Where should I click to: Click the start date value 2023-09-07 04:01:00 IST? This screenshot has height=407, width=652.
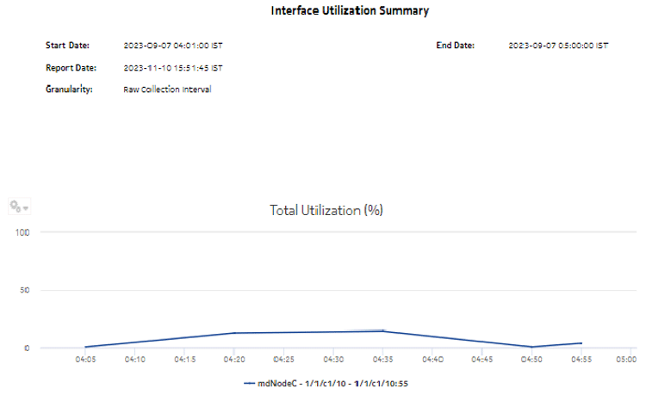179,45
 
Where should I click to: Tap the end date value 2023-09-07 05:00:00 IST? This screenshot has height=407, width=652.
558,45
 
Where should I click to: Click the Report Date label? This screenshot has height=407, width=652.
71,66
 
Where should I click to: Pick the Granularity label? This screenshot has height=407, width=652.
69,89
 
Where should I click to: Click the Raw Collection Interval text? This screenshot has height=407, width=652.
167,89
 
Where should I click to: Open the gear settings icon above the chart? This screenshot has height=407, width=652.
18,207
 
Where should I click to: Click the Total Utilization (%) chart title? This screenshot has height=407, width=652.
326,210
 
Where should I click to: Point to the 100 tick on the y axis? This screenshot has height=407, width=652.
23,232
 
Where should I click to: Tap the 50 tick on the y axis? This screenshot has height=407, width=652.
26,290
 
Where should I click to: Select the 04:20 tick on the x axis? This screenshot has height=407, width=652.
234,361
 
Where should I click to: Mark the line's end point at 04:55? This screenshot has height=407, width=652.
582,343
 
